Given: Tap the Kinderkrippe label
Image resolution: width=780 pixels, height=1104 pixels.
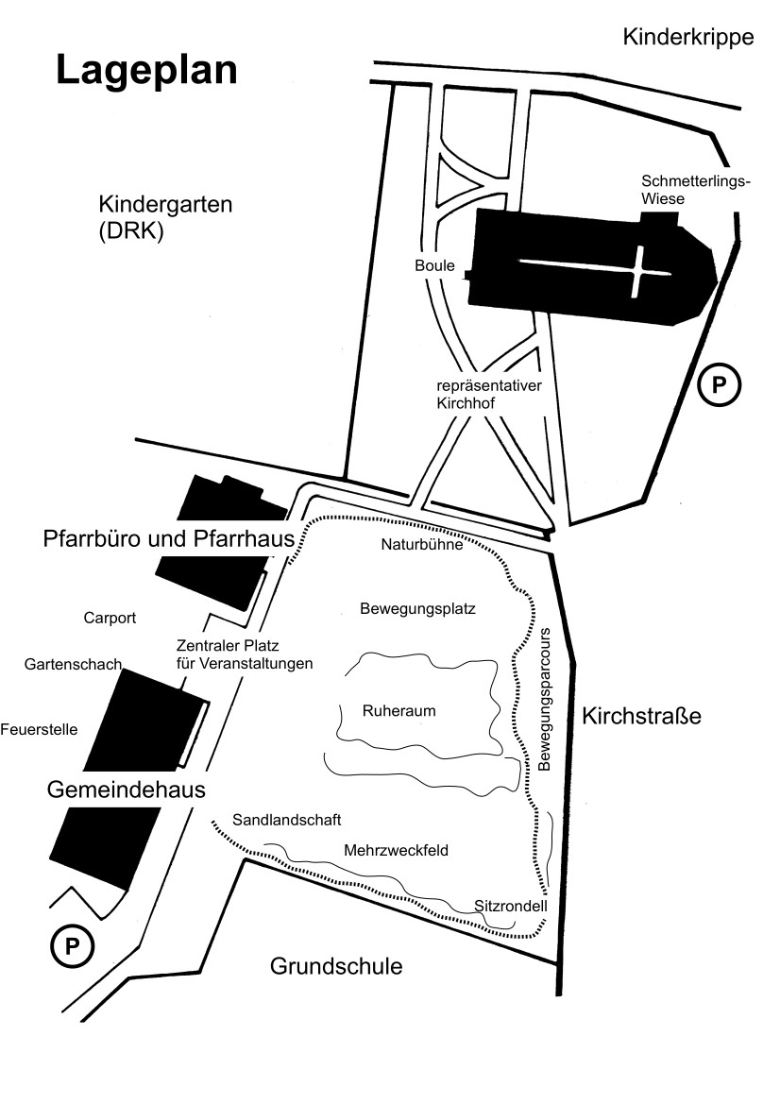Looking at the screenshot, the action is pyautogui.click(x=688, y=38).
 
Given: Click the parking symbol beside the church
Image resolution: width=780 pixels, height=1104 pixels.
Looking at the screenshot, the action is pyautogui.click(x=719, y=385).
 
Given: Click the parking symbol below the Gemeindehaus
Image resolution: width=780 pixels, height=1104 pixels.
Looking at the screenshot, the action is pyautogui.click(x=72, y=947).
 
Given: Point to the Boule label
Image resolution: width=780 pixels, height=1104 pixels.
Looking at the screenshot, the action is pyautogui.click(x=434, y=265).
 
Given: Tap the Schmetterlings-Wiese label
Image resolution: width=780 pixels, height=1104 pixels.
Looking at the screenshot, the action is pyautogui.click(x=696, y=190).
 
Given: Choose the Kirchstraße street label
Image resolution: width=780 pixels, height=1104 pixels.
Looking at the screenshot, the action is pyautogui.click(x=641, y=716).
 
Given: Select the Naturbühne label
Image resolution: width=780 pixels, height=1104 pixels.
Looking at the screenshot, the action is pyautogui.click(x=422, y=544).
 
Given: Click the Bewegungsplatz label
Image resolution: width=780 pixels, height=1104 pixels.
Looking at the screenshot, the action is pyautogui.click(x=417, y=608).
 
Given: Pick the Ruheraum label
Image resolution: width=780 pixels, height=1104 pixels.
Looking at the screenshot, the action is pyautogui.click(x=398, y=711).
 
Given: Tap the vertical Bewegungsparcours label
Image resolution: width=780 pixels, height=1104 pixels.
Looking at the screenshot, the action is pyautogui.click(x=544, y=699).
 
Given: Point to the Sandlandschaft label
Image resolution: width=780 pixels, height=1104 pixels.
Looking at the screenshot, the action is pyautogui.click(x=286, y=820).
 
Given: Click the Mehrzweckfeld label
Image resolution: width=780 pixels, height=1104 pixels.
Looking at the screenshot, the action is pyautogui.click(x=396, y=851).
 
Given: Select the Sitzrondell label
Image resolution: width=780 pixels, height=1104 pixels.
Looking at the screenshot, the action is pyautogui.click(x=510, y=907).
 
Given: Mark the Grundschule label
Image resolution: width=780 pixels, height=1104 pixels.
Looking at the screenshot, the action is pyautogui.click(x=336, y=966).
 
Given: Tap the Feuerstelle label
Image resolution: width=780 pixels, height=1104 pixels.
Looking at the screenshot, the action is pyautogui.click(x=39, y=729).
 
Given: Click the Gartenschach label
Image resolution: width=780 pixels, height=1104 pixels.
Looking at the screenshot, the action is pyautogui.click(x=74, y=665).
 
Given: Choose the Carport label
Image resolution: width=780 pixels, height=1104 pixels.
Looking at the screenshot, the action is pyautogui.click(x=110, y=619).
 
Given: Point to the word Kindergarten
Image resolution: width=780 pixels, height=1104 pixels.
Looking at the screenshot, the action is pyautogui.click(x=165, y=204).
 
